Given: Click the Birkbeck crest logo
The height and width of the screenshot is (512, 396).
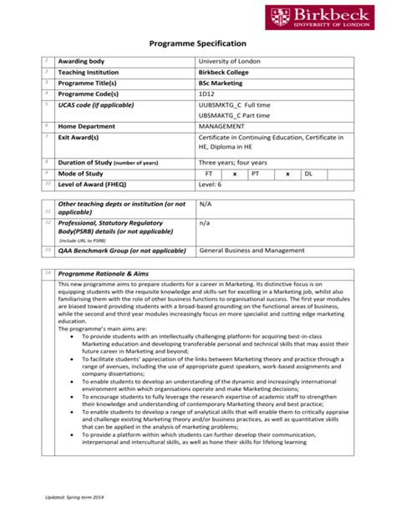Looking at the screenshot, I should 278,16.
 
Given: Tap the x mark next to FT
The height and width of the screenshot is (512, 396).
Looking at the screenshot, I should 235,173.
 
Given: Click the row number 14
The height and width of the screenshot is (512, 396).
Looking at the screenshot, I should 48,273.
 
